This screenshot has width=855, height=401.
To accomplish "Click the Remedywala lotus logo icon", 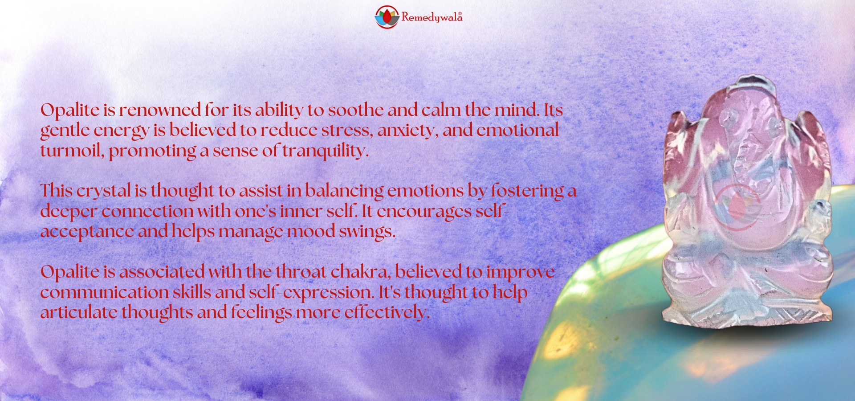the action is [387, 17].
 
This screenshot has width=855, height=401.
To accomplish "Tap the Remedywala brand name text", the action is [432, 17].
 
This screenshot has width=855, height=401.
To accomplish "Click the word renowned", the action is [160, 110].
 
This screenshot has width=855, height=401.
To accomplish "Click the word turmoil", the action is [72, 151].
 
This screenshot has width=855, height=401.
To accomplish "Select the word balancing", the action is [344, 191].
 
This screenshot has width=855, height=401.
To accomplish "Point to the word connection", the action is [147, 211].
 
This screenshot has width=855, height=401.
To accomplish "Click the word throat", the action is [301, 272].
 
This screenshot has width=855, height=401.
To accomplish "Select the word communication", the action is [104, 292].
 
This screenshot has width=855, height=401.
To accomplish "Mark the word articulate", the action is [78, 312].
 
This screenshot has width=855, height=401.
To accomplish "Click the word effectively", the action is [387, 312].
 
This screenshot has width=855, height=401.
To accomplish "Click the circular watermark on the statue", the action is [737, 207].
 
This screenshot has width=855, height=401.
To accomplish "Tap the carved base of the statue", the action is [747, 314].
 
